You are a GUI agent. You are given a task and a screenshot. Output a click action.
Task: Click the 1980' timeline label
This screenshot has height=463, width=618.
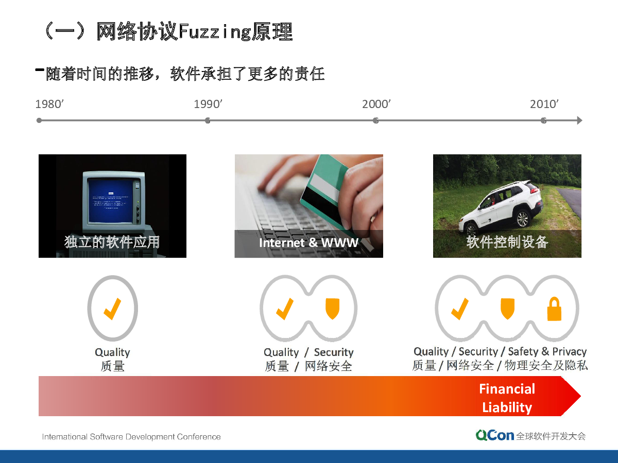pyautogui.click(x=49, y=104)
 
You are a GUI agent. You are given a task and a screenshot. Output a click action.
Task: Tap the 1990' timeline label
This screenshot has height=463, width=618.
pyautogui.click(x=208, y=104)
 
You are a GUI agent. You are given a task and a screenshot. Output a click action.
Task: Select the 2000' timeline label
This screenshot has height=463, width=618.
pyautogui.click(x=376, y=104)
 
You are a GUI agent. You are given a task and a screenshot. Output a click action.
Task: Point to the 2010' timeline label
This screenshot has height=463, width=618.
pyautogui.click(x=544, y=104)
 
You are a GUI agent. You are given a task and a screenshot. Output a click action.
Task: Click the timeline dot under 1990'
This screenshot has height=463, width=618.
pyautogui.click(x=208, y=120)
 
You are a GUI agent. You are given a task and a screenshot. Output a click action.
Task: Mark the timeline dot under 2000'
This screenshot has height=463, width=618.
pyautogui.click(x=375, y=120)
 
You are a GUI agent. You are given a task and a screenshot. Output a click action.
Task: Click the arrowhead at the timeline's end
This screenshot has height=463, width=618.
pyautogui.click(x=579, y=120)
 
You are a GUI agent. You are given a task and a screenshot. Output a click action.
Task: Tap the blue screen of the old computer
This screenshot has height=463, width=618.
pyautogui.click(x=111, y=201)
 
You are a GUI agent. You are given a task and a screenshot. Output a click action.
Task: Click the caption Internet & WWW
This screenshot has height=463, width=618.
pyautogui.click(x=308, y=243)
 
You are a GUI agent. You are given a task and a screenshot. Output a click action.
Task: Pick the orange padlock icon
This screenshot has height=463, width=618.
pyautogui.click(x=554, y=309)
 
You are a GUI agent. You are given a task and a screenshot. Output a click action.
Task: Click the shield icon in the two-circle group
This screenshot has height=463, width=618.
pyautogui.click(x=332, y=309)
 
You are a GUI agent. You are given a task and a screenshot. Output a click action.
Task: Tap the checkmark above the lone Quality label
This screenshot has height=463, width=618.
pyautogui.click(x=112, y=309)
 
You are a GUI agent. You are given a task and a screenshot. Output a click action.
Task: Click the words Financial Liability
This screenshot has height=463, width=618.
pyautogui.click(x=507, y=398)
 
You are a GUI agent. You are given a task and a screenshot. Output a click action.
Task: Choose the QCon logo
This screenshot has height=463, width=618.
pyautogui.click(x=495, y=435)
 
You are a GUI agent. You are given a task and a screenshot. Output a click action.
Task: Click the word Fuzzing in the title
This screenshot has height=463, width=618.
pyautogui.click(x=215, y=32)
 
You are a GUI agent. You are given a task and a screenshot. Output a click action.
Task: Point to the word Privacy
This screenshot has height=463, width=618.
pyautogui.click(x=569, y=351)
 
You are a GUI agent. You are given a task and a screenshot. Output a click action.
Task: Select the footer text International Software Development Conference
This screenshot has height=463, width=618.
pyautogui.click(x=131, y=437)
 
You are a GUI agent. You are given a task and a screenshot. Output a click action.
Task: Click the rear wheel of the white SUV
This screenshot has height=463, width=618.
pyautogui.click(x=523, y=219)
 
